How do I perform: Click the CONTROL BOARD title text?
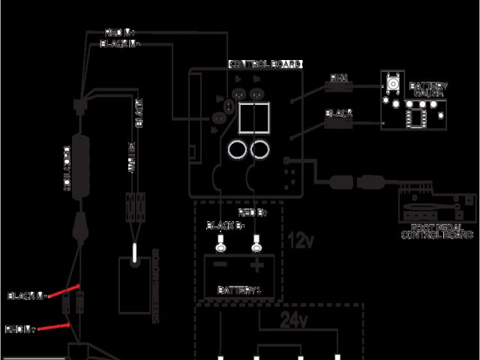click(265, 65)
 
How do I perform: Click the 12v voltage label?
click(301, 241)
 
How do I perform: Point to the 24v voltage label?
click(294, 321)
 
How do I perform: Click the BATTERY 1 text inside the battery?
click(239, 289)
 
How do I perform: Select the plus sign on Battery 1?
click(256, 265)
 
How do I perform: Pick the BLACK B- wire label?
click(223, 225)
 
